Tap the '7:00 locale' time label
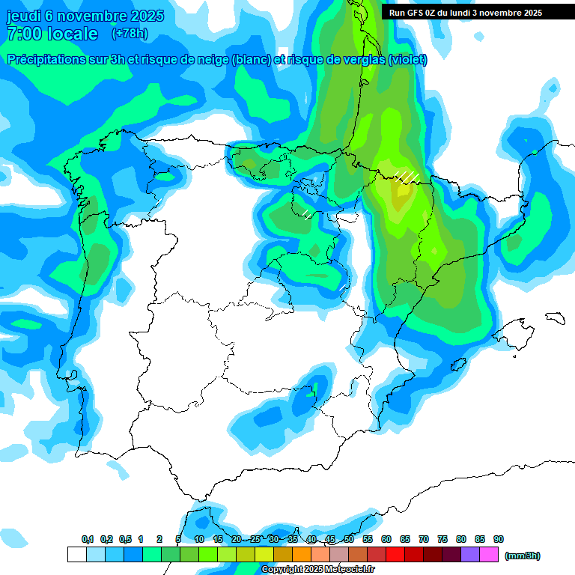click(x=52, y=34)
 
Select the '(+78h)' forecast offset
click(x=130, y=34)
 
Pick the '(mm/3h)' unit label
click(x=523, y=556)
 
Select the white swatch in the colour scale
click(x=76, y=555)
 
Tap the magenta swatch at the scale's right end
click(x=490, y=555)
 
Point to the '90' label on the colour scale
click(x=499, y=539)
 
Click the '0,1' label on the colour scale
click(x=88, y=539)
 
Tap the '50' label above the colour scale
click(x=349, y=539)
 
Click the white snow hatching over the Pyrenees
click(x=407, y=176)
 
